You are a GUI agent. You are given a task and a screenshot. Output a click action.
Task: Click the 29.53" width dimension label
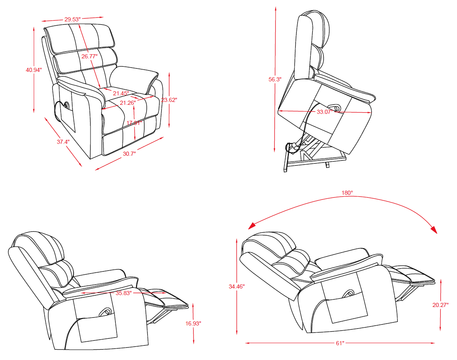click(72, 19)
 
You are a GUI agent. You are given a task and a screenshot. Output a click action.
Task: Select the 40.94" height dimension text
click(34, 70)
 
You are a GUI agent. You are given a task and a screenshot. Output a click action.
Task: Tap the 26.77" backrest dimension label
click(89, 56)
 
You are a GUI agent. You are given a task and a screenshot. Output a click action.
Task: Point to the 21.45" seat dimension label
click(121, 93)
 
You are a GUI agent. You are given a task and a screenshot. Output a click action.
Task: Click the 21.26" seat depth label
click(128, 103)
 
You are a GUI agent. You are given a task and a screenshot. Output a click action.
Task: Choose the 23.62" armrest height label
click(169, 99)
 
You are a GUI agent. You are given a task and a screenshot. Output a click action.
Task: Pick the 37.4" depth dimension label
click(63, 142)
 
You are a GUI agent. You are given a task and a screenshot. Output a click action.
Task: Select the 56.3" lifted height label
click(274, 79)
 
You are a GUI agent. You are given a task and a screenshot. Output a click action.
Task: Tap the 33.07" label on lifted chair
click(325, 111)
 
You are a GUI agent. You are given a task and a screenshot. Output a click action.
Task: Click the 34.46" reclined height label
click(237, 286)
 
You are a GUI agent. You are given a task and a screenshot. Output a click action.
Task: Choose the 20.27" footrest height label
click(440, 305)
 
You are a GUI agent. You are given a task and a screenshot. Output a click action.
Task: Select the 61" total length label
click(340, 343)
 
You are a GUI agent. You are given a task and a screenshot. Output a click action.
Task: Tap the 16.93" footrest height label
click(193, 323)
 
